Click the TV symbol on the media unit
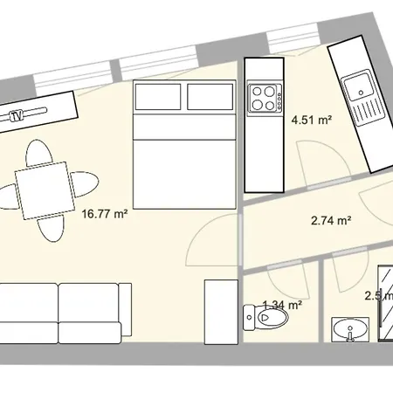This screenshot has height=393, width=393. coord(16,115)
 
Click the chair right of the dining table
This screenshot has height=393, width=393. coord(84,184)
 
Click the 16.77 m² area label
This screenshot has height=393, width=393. coord(105,212)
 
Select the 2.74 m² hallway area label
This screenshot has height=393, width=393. coord(331,221)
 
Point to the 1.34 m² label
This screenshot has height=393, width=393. coord(282,305)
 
